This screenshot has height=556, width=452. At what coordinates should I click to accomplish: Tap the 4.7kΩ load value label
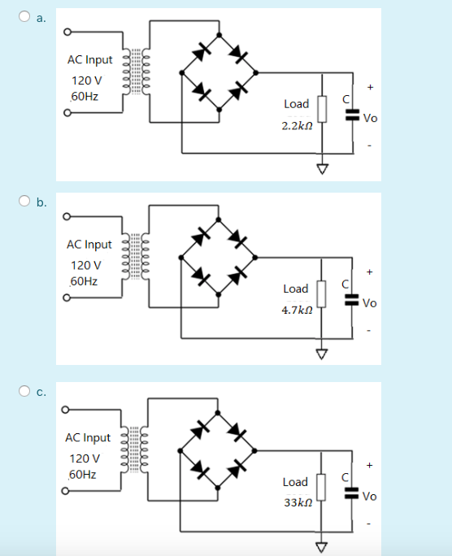click(x=296, y=311)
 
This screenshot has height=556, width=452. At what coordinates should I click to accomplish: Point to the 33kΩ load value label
click(x=296, y=504)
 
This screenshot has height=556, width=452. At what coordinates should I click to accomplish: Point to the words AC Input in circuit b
click(x=89, y=244)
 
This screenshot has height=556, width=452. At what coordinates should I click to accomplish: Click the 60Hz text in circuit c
click(x=84, y=474)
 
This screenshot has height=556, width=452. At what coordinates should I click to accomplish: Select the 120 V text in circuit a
click(x=86, y=80)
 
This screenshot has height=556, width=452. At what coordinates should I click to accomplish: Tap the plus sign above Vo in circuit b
click(x=371, y=271)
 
